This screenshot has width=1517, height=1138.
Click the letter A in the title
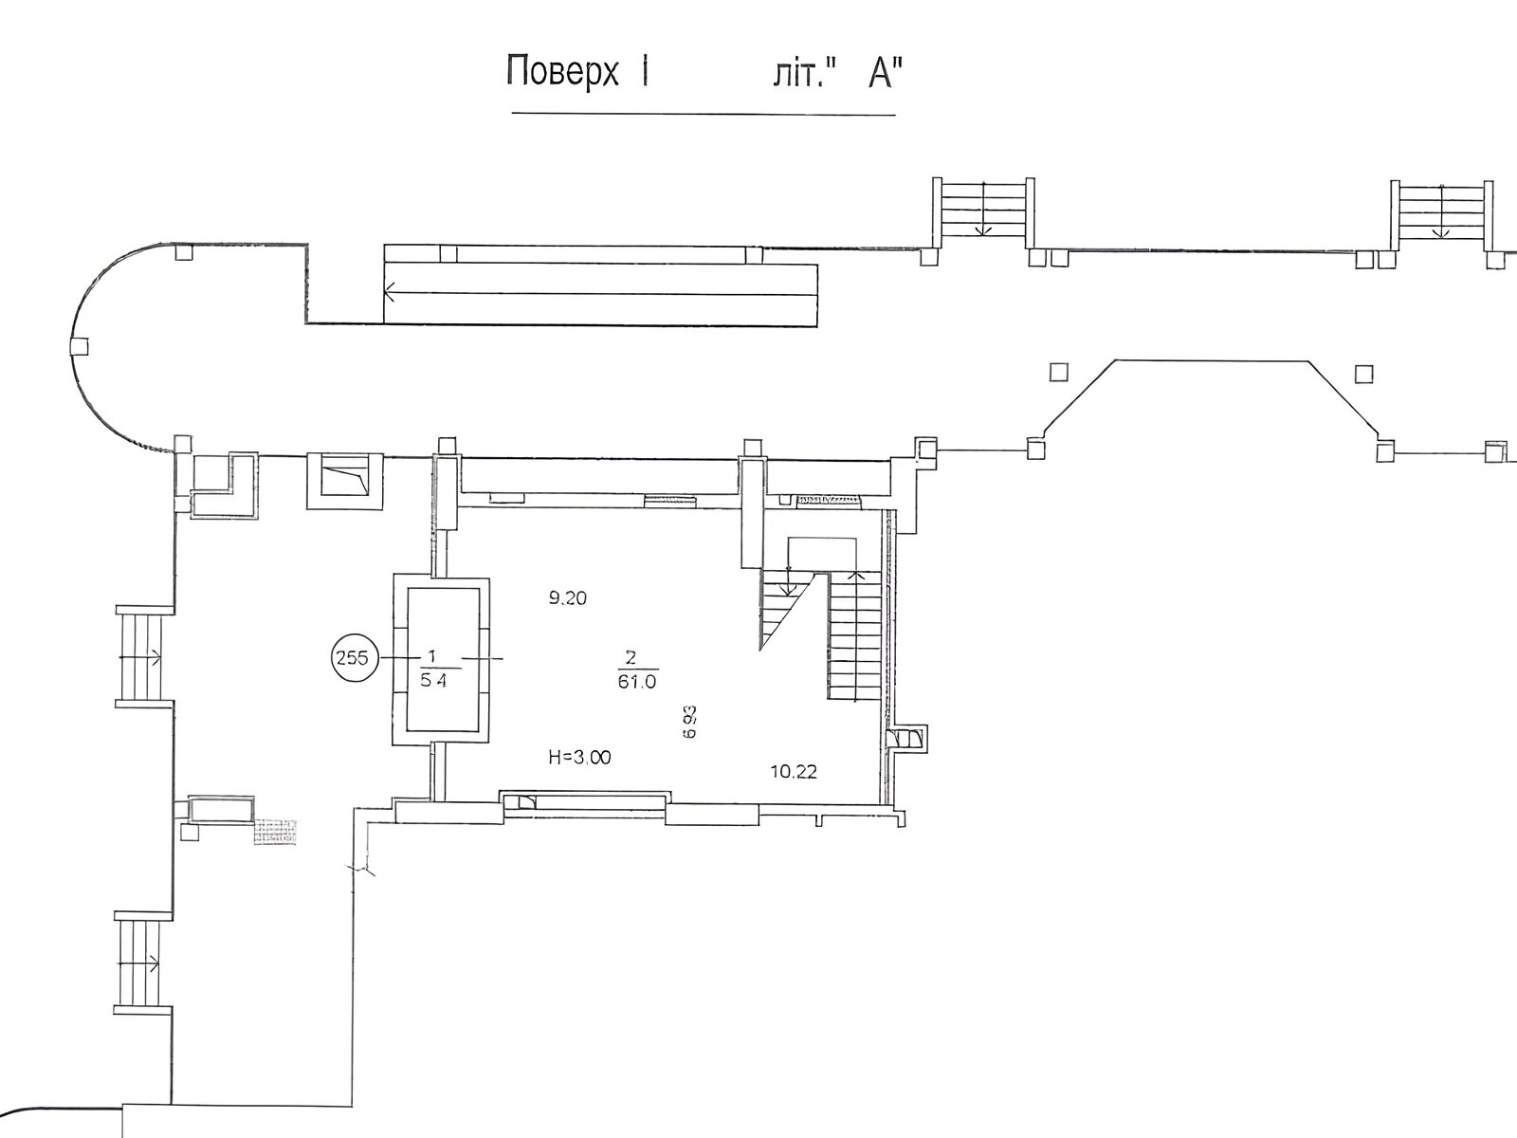click(x=881, y=73)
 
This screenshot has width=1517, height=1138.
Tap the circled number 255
click(x=353, y=658)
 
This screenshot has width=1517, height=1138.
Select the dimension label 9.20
click(x=567, y=598)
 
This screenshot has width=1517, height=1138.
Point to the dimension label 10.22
click(x=794, y=772)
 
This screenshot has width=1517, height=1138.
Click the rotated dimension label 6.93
click(x=689, y=722)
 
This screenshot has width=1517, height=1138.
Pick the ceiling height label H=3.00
click(x=579, y=758)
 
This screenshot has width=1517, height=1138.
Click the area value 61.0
click(x=637, y=682)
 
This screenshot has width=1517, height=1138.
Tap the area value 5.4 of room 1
click(x=433, y=681)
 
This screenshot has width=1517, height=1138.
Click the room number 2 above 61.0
click(x=631, y=656)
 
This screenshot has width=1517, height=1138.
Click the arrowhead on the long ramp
click(x=389, y=292)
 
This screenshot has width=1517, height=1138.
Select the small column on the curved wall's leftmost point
click(x=79, y=345)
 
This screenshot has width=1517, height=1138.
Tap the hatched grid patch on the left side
click(x=275, y=832)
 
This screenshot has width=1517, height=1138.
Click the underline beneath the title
click(x=704, y=113)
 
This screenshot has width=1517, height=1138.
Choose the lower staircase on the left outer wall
click(x=143, y=964)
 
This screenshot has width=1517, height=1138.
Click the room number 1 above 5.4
click(x=432, y=655)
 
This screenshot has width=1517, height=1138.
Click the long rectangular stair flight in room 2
click(x=855, y=635)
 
